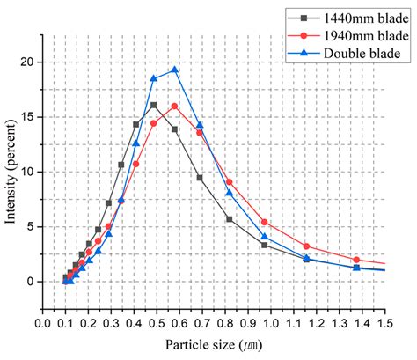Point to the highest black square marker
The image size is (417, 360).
coord(154,106)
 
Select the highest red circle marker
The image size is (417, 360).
coord(174,107)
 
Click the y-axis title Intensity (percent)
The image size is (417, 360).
coord(12,172)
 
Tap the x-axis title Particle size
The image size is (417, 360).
coord(216,345)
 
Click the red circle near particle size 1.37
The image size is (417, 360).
coord(356,260)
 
